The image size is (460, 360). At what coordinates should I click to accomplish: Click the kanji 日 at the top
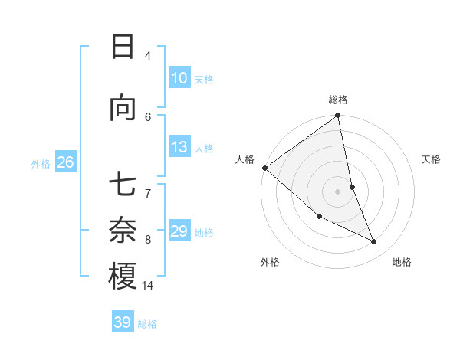coord(123,47)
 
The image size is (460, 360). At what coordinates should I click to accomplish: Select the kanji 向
coord(123,109)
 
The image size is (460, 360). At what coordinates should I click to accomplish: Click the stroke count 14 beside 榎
coord(148,286)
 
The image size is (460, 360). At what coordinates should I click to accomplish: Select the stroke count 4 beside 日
coord(148,55)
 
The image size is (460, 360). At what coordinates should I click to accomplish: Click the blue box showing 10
coord(179,78)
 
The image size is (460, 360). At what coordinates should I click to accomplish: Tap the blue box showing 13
coord(179,147)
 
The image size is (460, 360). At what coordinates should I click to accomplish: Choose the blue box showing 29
coord(179,231)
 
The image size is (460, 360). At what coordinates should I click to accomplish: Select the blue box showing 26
coord(65,162)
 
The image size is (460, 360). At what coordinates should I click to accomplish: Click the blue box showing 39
coord(122,322)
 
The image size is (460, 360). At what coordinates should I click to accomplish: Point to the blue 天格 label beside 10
coord(204,79)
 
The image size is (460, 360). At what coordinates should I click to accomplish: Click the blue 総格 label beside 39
coord(147,324)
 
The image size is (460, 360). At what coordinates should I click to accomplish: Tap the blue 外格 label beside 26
coord(41,163)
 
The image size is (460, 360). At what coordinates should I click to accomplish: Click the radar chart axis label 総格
coord(338,100)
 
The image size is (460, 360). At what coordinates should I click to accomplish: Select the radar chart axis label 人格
coord(245,159)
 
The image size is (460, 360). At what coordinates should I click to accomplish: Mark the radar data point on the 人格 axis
coord(264,168)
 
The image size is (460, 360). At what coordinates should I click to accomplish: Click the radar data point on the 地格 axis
coord(374,242)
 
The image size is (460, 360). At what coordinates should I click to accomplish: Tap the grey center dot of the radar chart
coord(337,191)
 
